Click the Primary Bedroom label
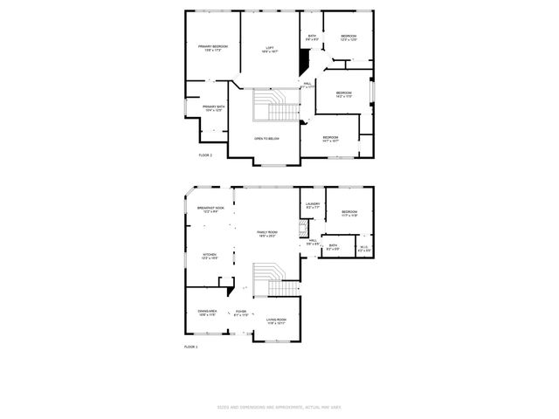212,48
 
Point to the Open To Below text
266,139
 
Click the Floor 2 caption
205,155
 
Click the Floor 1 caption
191,347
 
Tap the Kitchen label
210,257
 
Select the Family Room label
266,234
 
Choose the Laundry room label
313,206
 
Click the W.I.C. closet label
365,249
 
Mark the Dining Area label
206,313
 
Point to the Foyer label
240,313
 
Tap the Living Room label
276,321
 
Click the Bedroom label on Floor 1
349,214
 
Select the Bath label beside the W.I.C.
334,247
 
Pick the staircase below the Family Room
278,282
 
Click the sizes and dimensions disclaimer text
279,407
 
